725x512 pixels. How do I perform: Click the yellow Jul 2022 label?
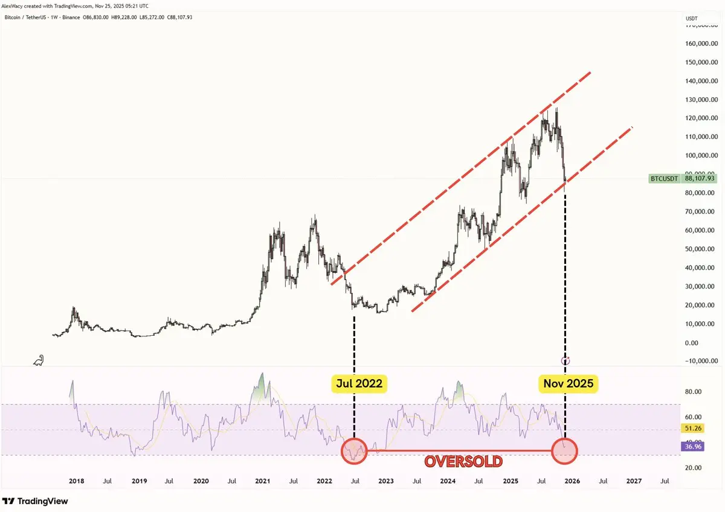(x=359, y=383)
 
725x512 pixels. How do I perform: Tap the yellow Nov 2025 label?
(x=568, y=383)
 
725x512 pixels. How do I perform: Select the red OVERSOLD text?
(x=463, y=462)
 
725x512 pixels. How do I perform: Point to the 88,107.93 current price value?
(x=700, y=179)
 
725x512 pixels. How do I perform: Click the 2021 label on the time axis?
(x=262, y=481)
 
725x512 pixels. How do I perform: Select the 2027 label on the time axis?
(x=634, y=481)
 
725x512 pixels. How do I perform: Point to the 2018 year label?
(x=76, y=481)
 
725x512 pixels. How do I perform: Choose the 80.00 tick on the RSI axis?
(x=692, y=392)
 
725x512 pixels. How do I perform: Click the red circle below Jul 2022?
(x=354, y=451)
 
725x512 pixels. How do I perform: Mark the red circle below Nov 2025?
(x=565, y=451)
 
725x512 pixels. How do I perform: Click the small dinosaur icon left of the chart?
(x=38, y=360)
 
